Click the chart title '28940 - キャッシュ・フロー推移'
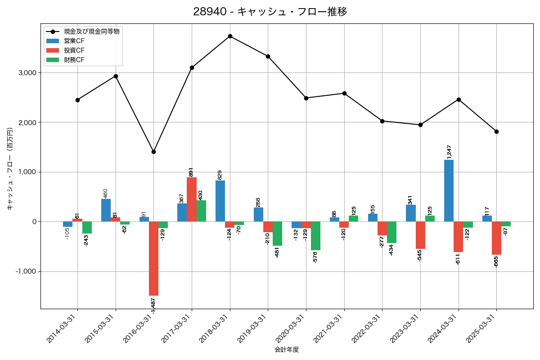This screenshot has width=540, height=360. click(270, 12)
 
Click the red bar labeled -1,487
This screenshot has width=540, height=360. click(153, 258)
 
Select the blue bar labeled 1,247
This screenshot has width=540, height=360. click(449, 191)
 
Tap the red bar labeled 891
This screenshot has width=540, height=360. click(192, 199)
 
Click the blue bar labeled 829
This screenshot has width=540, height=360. click(220, 201)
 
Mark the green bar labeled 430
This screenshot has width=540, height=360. click(201, 211)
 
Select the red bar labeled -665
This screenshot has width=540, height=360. click(496, 238)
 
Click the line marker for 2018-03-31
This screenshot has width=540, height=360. click(230, 36)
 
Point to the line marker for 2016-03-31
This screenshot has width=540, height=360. click(153, 152)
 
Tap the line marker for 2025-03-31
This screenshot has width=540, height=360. click(496, 131)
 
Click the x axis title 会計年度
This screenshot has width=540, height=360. click(287, 350)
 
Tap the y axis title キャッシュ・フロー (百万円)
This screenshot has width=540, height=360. click(10, 169)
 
